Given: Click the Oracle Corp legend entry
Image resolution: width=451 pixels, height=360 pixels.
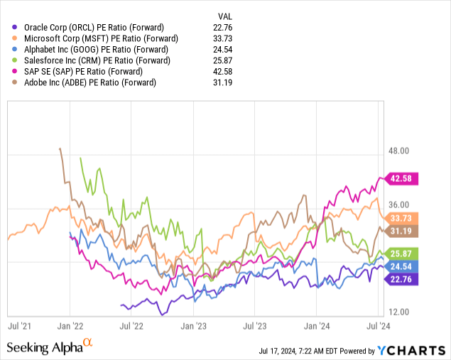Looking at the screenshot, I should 93,27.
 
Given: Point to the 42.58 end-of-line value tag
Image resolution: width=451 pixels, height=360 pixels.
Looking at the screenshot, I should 405,178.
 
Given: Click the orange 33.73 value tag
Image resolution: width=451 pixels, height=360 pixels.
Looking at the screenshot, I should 405,218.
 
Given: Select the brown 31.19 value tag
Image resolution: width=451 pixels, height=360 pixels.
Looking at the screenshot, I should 405,231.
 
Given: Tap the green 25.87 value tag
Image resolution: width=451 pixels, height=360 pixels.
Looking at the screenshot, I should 405,253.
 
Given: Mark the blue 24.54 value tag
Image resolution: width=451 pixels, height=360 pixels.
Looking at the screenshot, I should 405,266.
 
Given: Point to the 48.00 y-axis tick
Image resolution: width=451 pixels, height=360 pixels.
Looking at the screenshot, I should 402,151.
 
